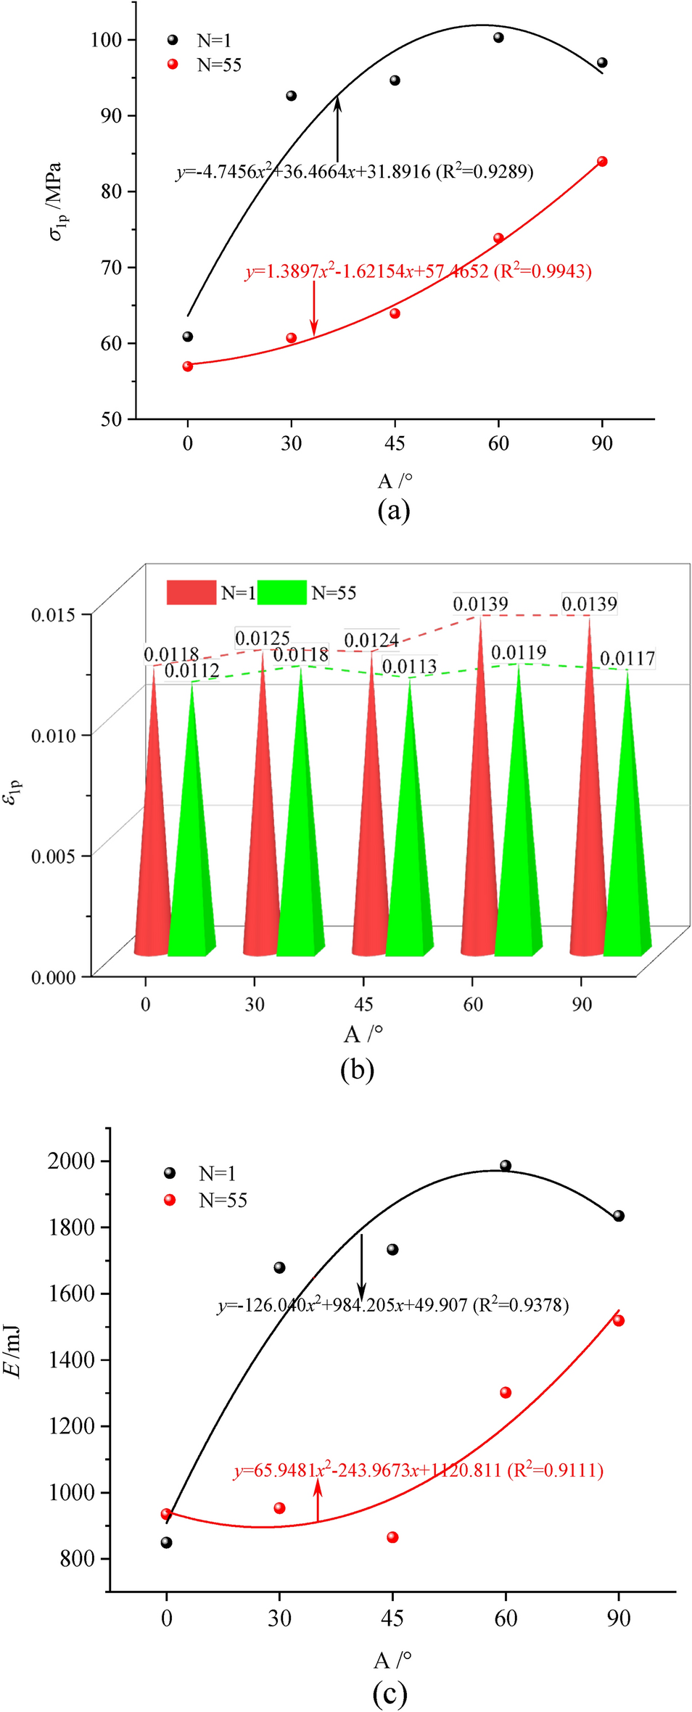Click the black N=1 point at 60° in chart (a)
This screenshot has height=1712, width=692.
tap(498, 38)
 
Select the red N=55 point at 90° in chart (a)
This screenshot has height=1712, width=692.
tap(602, 162)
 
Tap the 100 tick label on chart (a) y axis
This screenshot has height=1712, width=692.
tap(106, 39)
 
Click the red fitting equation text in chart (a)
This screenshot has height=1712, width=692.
tap(419, 272)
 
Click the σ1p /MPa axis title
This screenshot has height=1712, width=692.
tap(56, 201)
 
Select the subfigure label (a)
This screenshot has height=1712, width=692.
tap(394, 510)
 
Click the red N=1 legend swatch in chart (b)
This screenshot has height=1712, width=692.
tap(191, 592)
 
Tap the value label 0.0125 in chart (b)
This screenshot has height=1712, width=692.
tap(263, 638)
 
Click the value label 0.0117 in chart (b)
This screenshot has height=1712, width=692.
tap(627, 659)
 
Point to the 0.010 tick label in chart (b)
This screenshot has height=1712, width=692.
tap(53, 735)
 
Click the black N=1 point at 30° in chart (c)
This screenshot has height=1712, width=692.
tap(279, 1268)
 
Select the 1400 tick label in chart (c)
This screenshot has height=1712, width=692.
tap(72, 1359)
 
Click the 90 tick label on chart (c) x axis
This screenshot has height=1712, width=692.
tap(619, 1618)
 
